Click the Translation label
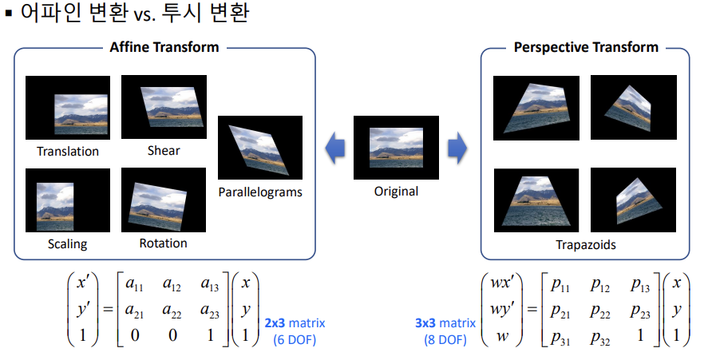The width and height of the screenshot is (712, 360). coord(68,151)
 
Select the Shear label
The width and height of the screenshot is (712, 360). coord(164,150)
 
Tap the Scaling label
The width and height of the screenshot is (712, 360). coord(67,244)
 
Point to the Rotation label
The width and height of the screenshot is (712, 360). coord(163,243)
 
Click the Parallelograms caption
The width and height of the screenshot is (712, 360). coord(260,192)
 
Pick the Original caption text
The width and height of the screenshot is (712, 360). coord(396,191)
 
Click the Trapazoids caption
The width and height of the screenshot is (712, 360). coord(585,245)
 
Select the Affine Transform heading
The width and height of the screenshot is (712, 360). coord(164,46)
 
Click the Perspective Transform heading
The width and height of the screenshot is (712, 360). coord(586,46)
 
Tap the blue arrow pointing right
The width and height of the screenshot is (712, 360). coord(457,147)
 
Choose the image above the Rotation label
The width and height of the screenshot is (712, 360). coord(163,200)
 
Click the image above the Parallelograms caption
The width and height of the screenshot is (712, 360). coord(260,148)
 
